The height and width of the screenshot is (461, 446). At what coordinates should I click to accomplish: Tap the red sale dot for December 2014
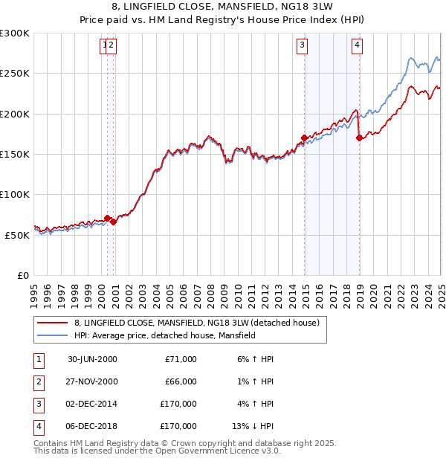305,138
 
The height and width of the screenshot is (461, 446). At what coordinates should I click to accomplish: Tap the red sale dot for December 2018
359,138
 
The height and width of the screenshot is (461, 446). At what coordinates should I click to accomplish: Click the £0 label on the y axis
23,275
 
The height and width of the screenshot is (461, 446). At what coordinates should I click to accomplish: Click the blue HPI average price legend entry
164,336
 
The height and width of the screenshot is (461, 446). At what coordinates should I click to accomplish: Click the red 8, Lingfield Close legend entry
196,323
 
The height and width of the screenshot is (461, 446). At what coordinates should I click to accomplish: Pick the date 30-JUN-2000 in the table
92,359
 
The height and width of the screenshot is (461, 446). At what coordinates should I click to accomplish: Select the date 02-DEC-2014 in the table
92,404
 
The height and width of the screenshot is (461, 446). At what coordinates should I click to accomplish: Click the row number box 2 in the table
38,382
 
